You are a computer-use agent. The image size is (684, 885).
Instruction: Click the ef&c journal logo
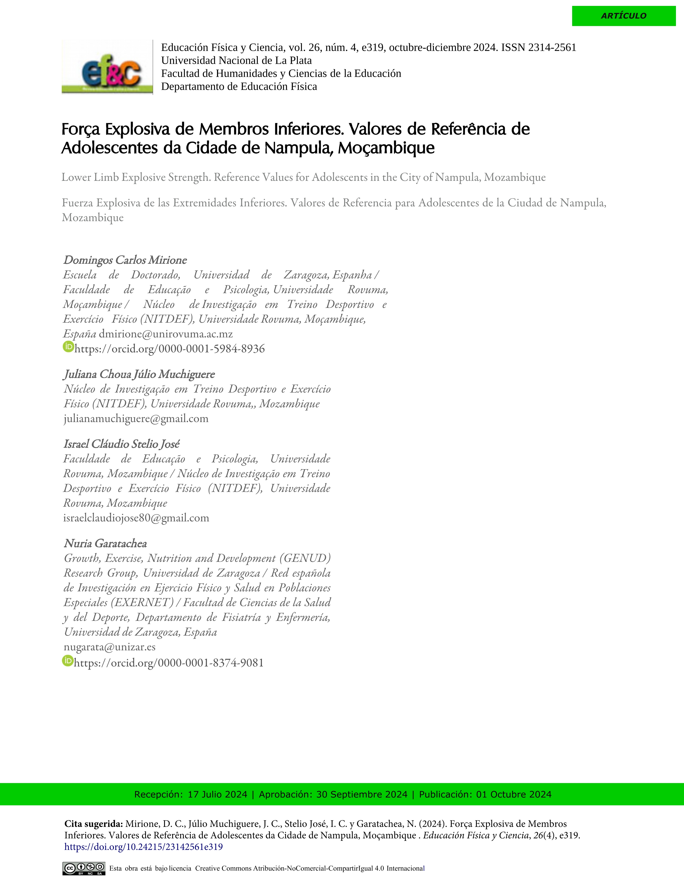click(x=107, y=68)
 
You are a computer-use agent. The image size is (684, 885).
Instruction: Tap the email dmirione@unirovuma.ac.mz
click(x=166, y=334)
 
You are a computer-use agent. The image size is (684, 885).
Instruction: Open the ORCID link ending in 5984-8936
click(x=169, y=349)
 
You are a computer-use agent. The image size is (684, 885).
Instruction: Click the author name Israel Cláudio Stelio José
click(x=121, y=444)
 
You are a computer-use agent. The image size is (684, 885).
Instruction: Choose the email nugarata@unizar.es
click(x=109, y=647)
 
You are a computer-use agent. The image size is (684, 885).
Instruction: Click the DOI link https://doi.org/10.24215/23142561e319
click(x=144, y=847)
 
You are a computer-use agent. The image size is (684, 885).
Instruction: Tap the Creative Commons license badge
click(x=84, y=868)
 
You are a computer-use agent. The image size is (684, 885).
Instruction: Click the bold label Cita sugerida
click(x=94, y=824)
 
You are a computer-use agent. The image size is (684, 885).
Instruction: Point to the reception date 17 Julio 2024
click(x=217, y=795)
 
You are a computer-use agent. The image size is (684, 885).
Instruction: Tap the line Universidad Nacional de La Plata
click(x=236, y=60)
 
